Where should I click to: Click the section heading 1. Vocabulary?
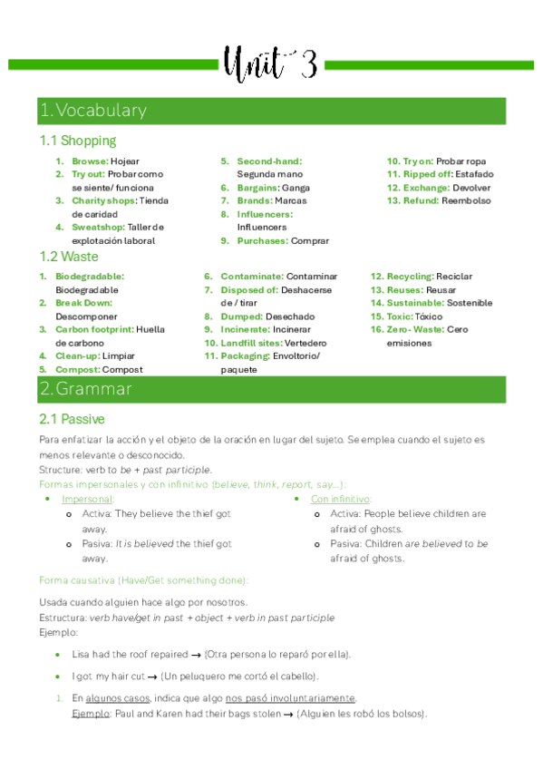click(x=92, y=111)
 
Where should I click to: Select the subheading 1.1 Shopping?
click(x=78, y=141)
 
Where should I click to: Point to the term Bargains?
click(x=257, y=188)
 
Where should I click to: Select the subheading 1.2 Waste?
click(x=69, y=257)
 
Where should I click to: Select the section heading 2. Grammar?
click(x=85, y=389)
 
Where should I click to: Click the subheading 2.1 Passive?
click(x=72, y=419)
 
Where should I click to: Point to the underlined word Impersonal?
click(x=87, y=500)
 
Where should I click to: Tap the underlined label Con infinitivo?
click(x=340, y=500)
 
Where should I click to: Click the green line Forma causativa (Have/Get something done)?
click(x=144, y=580)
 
